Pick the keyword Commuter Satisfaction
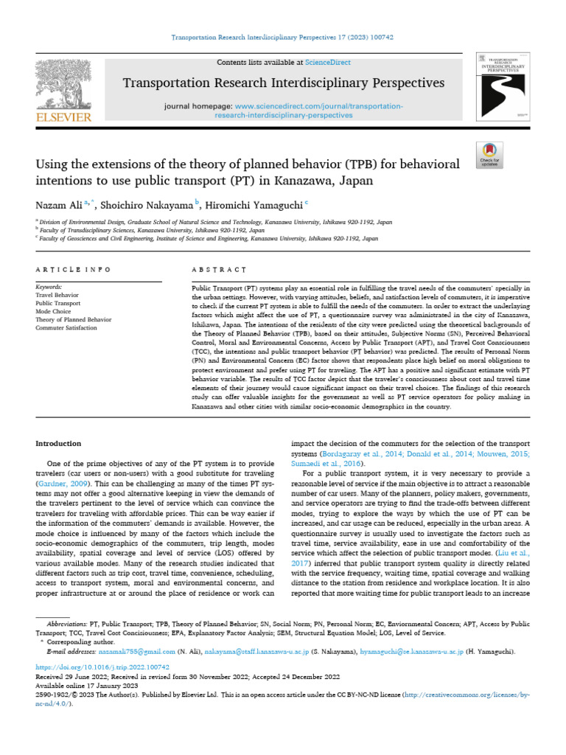pyautogui.click(x=66, y=327)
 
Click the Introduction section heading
pyautogui.click(x=59, y=443)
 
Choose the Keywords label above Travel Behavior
pyautogui.click(x=49, y=286)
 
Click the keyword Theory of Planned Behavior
pyautogui.click(x=74, y=319)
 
